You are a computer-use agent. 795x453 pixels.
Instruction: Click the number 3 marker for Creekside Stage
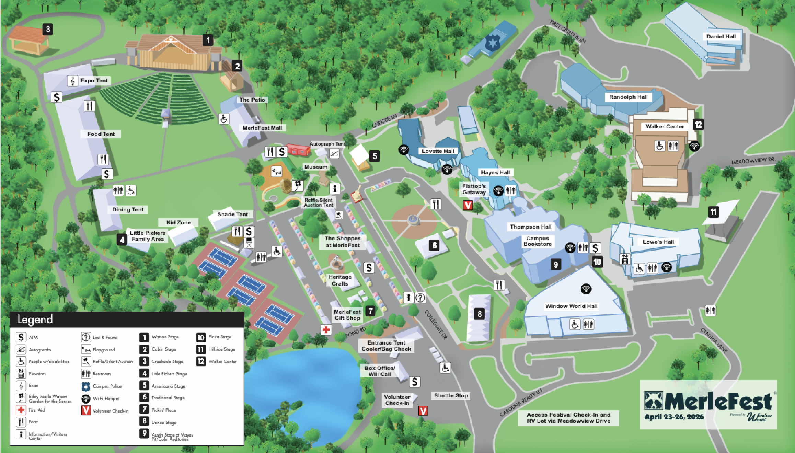(x=48, y=30)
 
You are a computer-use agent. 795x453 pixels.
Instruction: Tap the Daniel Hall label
(x=721, y=37)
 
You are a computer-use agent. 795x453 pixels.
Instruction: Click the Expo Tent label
(x=94, y=81)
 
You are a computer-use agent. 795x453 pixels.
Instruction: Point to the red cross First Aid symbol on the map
(x=326, y=330)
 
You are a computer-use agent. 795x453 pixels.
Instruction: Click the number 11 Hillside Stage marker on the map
(x=714, y=212)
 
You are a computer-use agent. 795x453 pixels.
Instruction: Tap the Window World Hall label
(x=571, y=306)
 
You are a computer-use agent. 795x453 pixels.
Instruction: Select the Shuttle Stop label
(x=451, y=396)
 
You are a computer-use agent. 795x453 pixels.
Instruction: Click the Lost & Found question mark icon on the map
(x=420, y=297)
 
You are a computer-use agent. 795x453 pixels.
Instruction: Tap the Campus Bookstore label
(x=538, y=241)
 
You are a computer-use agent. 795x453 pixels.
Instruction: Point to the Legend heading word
(x=35, y=320)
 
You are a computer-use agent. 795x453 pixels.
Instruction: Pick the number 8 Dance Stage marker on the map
(x=480, y=313)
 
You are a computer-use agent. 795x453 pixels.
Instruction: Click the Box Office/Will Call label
(x=380, y=371)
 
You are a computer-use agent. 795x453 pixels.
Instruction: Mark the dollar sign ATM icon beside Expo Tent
(x=57, y=97)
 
